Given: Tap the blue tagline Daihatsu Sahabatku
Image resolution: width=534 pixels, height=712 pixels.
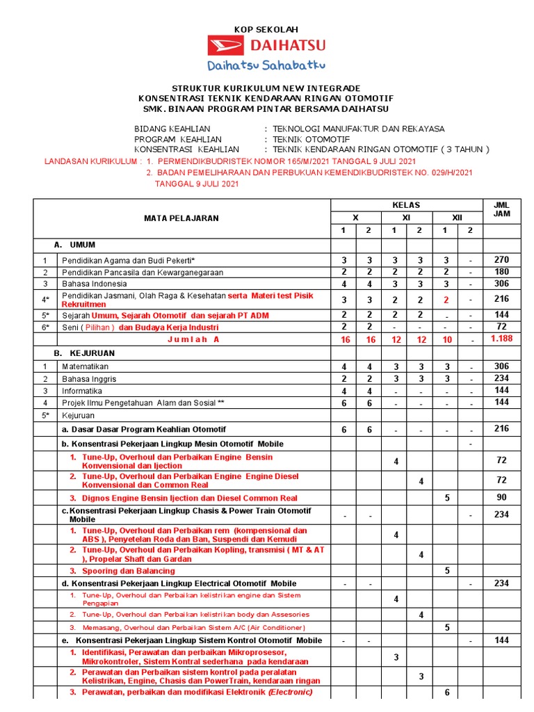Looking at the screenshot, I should [x=266, y=65].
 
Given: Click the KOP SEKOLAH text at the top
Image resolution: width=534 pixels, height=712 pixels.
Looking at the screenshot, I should [x=265, y=29].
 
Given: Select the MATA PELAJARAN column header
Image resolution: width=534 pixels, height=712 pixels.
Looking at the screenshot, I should [x=181, y=218].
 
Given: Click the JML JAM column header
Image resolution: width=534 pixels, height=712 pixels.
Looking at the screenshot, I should [x=501, y=209].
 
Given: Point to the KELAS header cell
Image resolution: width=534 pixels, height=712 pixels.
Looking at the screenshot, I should [x=405, y=205].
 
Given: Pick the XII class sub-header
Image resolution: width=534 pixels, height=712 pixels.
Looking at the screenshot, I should [x=457, y=218].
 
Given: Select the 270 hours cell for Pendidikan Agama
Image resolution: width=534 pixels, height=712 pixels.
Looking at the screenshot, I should [x=501, y=259].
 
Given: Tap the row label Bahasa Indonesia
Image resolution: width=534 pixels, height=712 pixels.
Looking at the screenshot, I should [x=95, y=284].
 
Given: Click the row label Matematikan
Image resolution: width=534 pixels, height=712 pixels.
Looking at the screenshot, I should [x=90, y=366].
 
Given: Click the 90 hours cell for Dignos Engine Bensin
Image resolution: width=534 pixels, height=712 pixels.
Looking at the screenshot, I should [x=501, y=498].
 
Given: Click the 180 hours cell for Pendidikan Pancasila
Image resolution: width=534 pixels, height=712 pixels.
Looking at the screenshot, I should [x=501, y=271].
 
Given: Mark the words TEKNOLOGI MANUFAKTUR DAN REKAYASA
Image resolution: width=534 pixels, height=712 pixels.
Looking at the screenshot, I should [x=358, y=129].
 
